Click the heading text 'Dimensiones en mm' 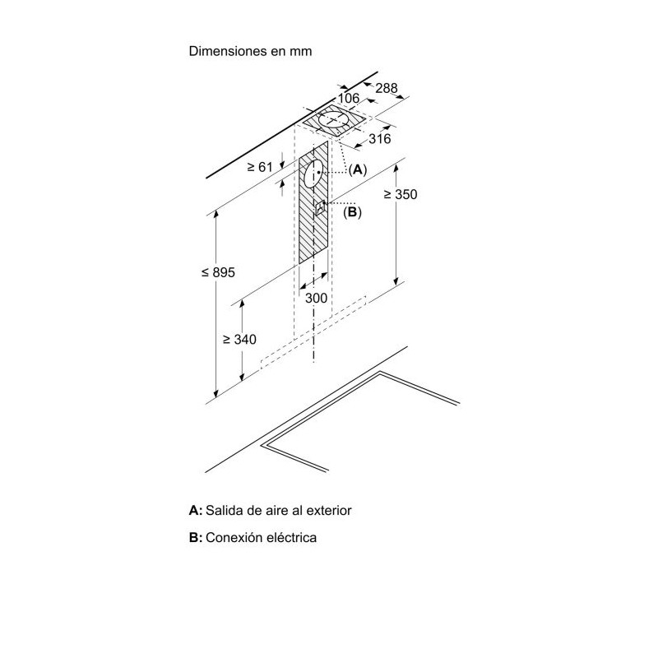[250, 51]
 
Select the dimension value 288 [386, 88]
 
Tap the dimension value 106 [349, 98]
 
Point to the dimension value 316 [380, 138]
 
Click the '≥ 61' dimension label [260, 167]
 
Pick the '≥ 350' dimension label [401, 194]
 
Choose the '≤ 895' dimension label [218, 272]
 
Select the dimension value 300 [316, 298]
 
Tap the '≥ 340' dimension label [239, 339]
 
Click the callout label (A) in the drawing [358, 169]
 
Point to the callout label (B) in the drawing [352, 212]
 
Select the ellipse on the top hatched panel [334, 120]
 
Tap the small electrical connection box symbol [321, 207]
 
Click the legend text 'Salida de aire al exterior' [279, 510]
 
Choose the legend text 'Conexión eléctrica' [261, 537]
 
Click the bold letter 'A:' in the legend [196, 510]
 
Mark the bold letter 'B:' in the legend [196, 537]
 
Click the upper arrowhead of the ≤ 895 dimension [215, 214]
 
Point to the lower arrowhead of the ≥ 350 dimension [396, 281]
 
